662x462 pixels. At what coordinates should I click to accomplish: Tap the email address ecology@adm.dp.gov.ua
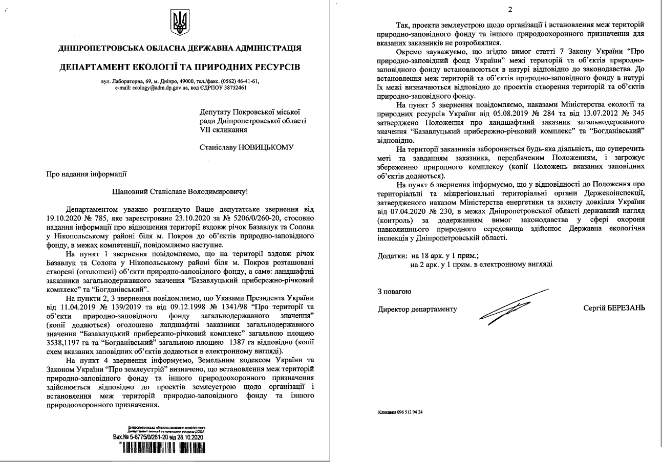tap(145, 87)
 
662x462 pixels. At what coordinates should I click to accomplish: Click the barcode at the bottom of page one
tap(161, 449)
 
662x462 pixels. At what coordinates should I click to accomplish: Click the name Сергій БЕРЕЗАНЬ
tap(614, 308)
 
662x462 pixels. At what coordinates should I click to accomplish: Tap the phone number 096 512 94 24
tap(413, 412)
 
